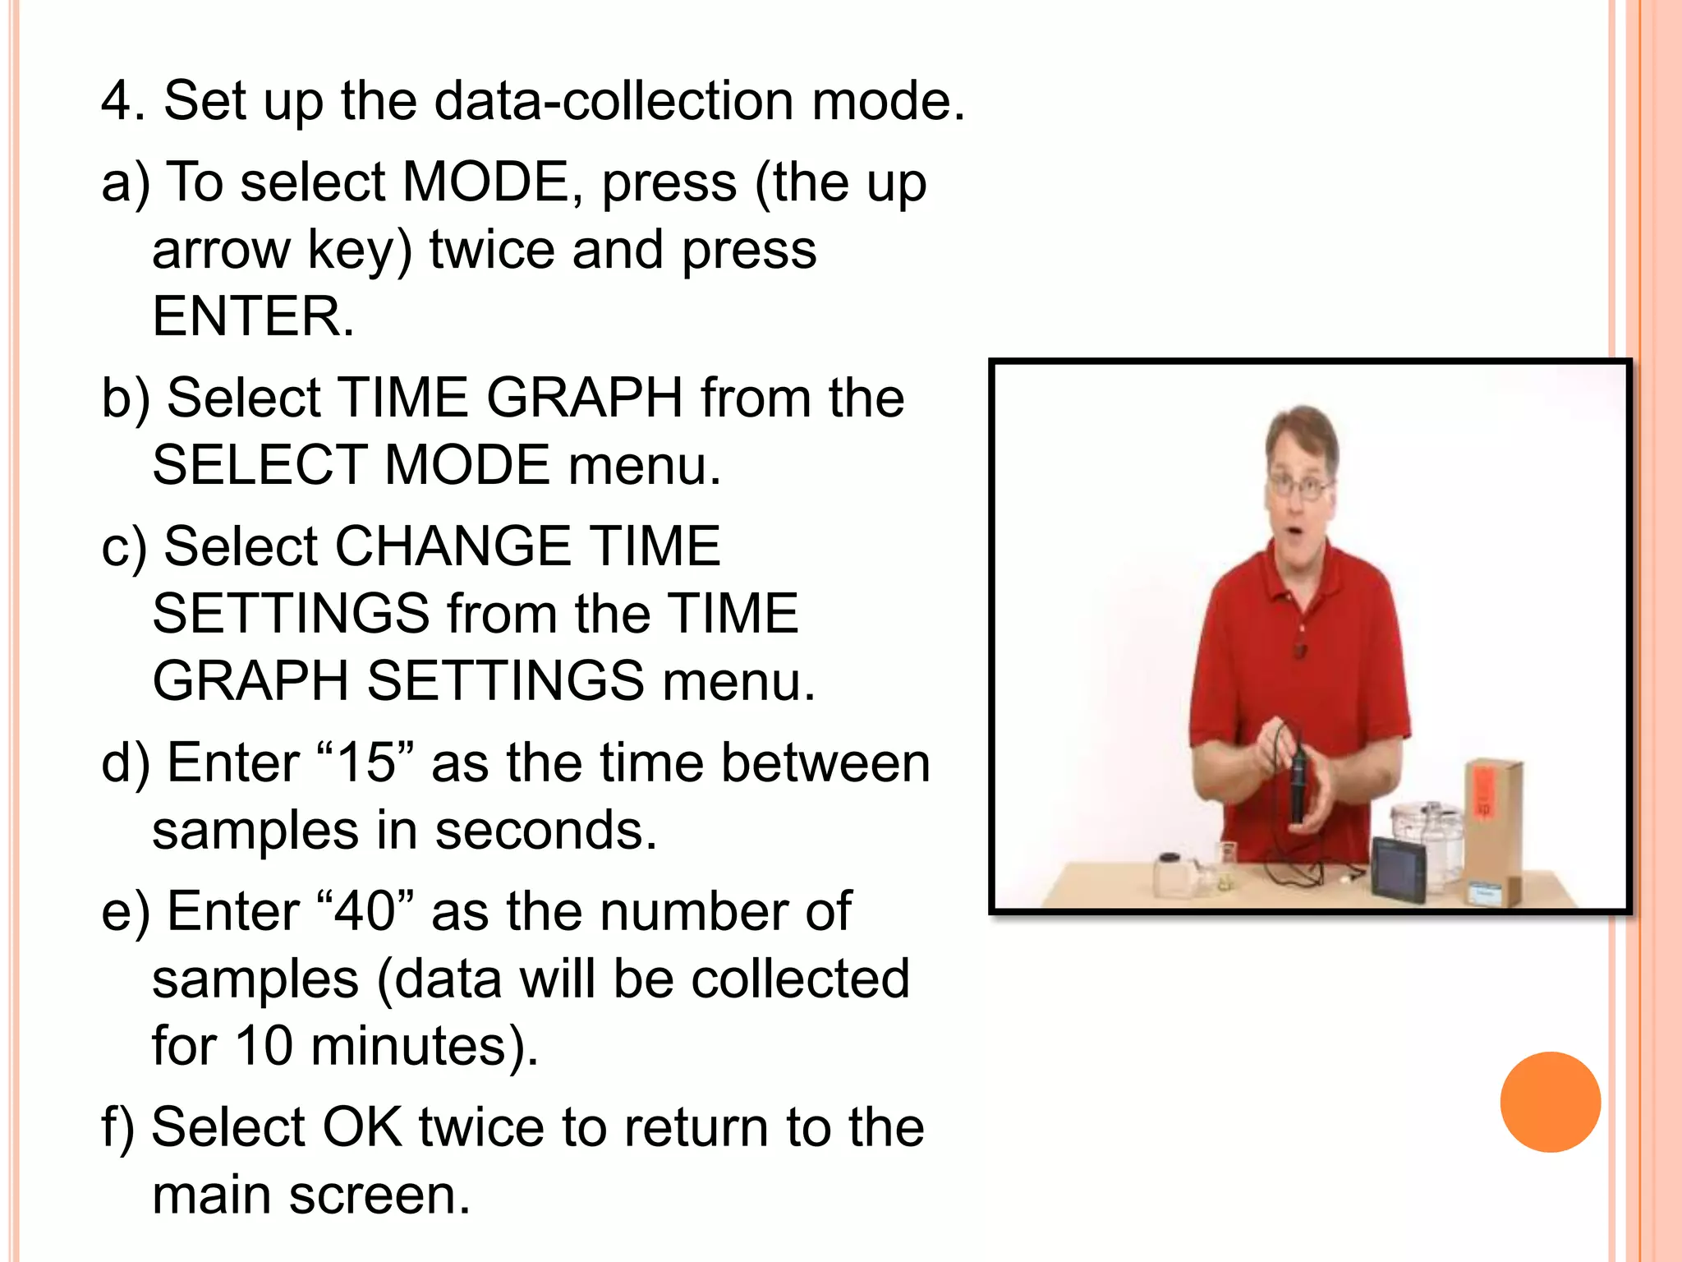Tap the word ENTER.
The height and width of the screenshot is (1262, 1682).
(253, 317)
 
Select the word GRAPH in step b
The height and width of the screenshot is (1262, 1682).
(584, 398)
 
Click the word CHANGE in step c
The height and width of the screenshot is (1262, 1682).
(453, 546)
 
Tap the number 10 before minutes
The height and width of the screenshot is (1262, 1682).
(264, 1047)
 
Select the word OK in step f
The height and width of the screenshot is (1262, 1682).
(362, 1127)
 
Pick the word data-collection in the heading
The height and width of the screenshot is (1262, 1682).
(614, 102)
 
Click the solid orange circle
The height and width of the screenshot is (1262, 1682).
(1550, 1102)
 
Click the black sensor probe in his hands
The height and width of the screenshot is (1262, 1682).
(1298, 781)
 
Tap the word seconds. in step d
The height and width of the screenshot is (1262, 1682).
(545, 831)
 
